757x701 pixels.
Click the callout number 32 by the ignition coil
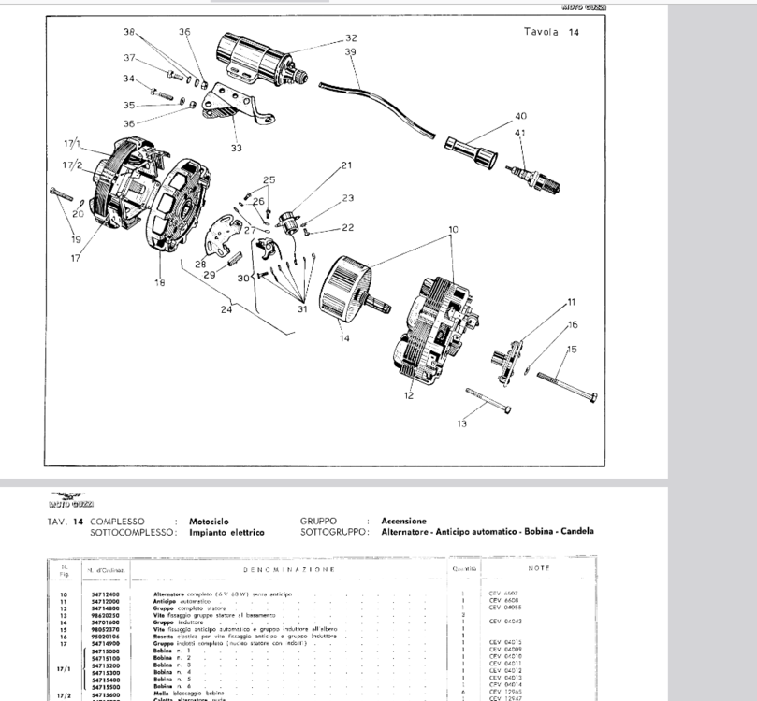pos(351,38)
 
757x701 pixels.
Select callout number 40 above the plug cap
pos(520,117)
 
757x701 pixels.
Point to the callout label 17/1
pos(73,145)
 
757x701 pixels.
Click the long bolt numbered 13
pos(487,403)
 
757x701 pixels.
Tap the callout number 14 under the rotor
pos(344,338)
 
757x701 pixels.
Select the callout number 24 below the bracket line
pos(226,309)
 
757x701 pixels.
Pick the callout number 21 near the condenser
pos(346,165)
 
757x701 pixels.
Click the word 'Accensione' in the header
pos(403,521)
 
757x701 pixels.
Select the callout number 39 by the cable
pos(350,52)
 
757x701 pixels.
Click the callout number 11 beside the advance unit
pos(571,302)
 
